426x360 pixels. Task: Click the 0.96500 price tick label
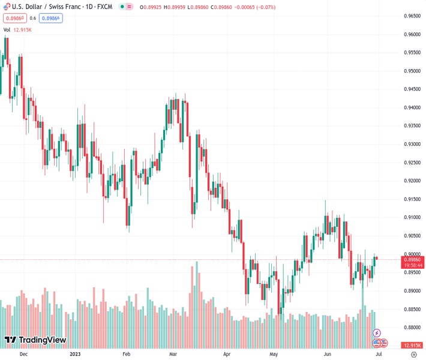pyautogui.click(x=412, y=16)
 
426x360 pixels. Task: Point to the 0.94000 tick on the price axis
pyautogui.click(x=412, y=107)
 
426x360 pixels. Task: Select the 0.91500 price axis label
pyautogui.click(x=412, y=199)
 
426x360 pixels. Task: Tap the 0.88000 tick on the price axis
pyautogui.click(x=412, y=328)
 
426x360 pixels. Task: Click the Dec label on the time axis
pyautogui.click(x=23, y=354)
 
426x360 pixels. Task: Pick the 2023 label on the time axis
pyautogui.click(x=75, y=354)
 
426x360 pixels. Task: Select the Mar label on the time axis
pyautogui.click(x=173, y=354)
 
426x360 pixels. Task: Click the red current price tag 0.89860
pyautogui.click(x=412, y=259)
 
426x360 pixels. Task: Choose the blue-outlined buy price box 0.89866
pyautogui.click(x=52, y=18)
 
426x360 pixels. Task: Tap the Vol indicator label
pyautogui.click(x=7, y=29)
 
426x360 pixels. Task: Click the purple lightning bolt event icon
pyautogui.click(x=377, y=333)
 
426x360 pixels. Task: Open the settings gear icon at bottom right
pyautogui.click(x=414, y=354)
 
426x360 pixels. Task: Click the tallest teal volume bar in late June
pyautogui.click(x=362, y=318)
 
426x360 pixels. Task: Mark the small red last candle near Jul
pyautogui.click(x=376, y=258)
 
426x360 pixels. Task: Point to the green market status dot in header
pyautogui.click(x=122, y=7)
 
